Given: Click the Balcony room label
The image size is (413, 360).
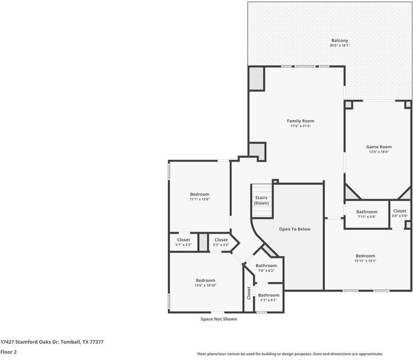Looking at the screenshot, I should [340, 41].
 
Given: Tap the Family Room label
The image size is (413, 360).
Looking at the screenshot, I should [300, 121].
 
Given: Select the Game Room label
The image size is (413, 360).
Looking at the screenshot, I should [379, 147].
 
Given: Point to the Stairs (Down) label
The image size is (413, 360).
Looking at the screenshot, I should [261, 200].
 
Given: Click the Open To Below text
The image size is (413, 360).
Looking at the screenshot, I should [295, 229].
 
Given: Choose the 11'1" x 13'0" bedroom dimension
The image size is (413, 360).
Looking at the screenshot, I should [200, 199].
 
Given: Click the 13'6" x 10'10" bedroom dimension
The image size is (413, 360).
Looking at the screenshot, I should [205, 286].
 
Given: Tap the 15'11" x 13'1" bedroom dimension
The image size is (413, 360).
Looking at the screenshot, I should [365, 261].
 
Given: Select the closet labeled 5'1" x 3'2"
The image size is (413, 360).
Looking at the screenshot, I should [183, 245].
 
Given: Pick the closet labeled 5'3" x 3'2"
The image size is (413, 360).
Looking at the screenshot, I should [221, 245].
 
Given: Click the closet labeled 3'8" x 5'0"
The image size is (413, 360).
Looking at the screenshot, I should [400, 216].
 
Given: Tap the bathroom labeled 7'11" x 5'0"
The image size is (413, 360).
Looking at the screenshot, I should [367, 217].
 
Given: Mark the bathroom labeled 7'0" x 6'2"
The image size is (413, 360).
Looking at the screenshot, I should [266, 271].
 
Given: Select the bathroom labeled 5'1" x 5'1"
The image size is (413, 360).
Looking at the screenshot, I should [269, 300].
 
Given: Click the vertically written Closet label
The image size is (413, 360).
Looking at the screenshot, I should [249, 293].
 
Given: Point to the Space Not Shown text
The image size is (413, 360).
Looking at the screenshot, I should [219, 319].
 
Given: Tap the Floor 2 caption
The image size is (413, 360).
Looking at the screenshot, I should [8, 352].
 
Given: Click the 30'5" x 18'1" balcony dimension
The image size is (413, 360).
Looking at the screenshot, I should [340, 46].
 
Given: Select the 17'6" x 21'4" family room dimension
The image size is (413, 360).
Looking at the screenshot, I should [300, 126].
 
